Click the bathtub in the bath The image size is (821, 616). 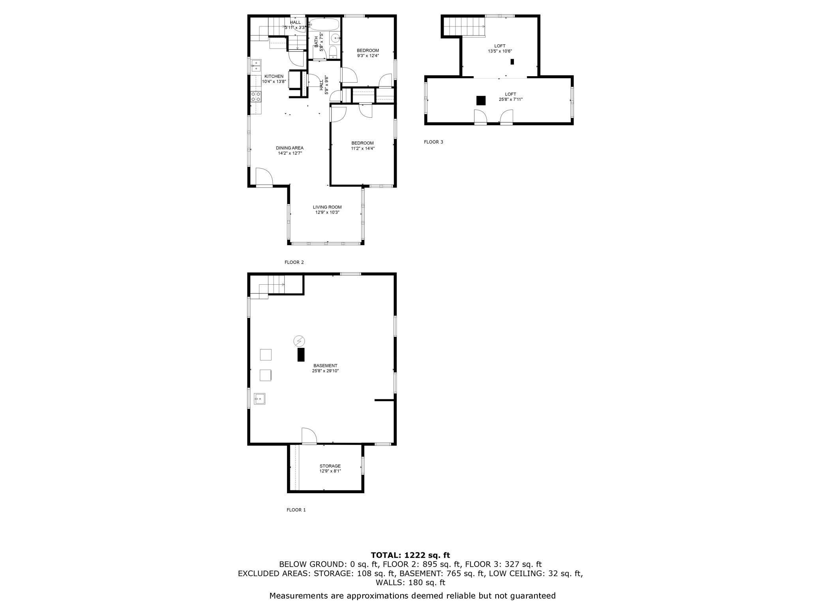click(324, 24)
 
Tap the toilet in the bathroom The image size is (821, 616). click(332, 52)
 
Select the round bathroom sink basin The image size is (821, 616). click(335, 38)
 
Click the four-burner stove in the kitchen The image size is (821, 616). click(256, 97)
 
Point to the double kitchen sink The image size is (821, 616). click(256, 66)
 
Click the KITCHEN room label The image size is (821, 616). click(274, 76)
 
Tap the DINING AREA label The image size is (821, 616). click(290, 148)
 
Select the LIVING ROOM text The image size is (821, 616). click(327, 207)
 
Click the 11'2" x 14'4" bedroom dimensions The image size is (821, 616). click(363, 148)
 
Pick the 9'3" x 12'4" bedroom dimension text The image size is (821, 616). click(368, 56)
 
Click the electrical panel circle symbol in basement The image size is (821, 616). click(299, 341)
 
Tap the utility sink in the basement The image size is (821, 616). click(260, 399)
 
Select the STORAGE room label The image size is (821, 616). click(330, 466)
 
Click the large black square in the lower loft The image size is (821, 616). click(481, 101)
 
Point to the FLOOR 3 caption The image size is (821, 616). click(433, 142)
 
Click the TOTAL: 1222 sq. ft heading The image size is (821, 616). click(410, 555)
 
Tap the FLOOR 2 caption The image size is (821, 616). click(294, 262)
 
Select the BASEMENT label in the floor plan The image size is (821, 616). click(325, 366)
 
